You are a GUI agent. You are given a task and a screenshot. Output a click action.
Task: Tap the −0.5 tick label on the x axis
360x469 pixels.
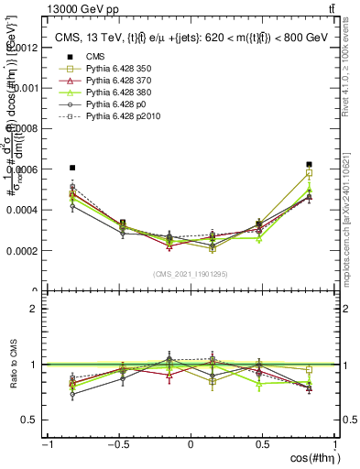118,443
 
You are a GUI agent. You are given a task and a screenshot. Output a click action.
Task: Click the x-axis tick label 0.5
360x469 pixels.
262,443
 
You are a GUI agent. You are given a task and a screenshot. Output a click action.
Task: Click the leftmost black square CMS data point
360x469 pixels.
72,168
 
